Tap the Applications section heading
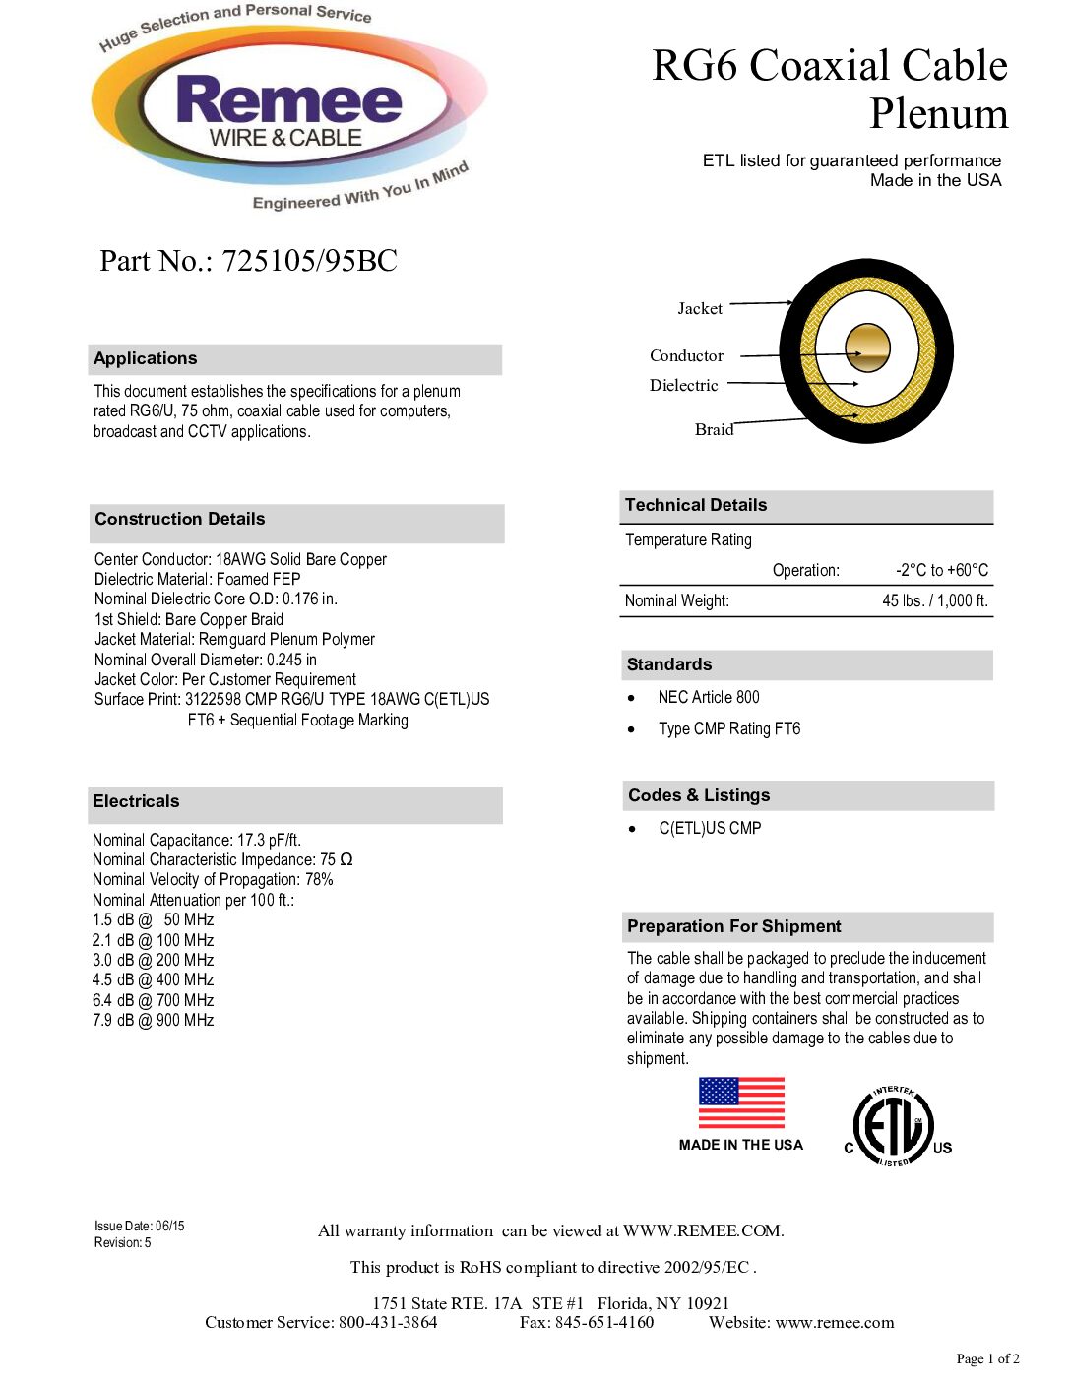pos(146,358)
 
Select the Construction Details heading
pos(180,519)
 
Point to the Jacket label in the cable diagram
pos(700,309)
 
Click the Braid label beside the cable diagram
pos(714,429)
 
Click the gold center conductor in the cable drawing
pos(867,348)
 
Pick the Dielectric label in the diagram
pos(683,385)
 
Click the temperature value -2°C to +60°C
pos(941,570)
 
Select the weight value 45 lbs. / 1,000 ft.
pos(934,600)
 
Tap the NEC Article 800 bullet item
pos(709,697)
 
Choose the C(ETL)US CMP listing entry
pos(710,828)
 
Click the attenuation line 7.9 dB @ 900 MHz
pos(153,1020)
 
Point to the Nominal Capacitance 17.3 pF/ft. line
pos(197,840)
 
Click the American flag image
pos(741,1102)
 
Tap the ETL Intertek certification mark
pos(894,1126)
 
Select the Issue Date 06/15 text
pos(139,1226)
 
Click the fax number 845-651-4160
pos(587,1322)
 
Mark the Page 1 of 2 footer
pos(987,1358)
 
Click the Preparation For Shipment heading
pos(734,926)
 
